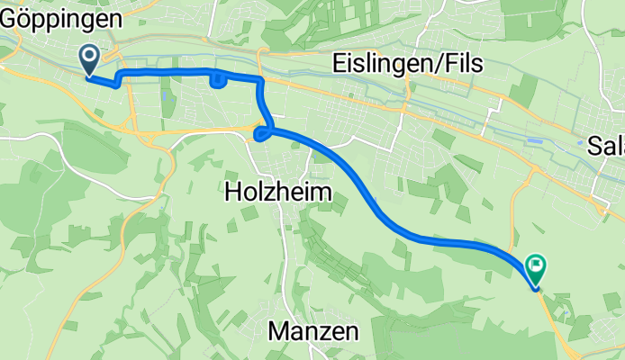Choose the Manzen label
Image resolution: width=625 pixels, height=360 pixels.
click(x=313, y=331)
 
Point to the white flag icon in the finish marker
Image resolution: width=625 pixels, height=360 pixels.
click(x=537, y=265)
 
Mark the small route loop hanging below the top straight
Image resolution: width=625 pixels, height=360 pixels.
click(x=217, y=82)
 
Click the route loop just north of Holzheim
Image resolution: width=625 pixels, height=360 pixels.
click(x=261, y=135)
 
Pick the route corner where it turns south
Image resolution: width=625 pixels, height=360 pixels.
click(x=260, y=82)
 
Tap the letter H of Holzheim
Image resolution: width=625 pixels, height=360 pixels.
click(x=231, y=191)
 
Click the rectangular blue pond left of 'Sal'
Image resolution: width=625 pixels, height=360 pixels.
click(x=538, y=141)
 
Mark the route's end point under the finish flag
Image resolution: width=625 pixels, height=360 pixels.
click(x=537, y=288)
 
